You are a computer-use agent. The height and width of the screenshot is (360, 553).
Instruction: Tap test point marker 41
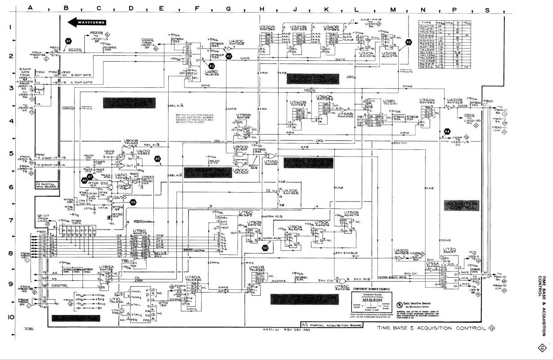(x=68, y=41)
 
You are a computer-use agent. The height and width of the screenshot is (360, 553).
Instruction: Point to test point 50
(x=265, y=247)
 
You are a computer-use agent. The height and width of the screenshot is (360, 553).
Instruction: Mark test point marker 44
(x=447, y=131)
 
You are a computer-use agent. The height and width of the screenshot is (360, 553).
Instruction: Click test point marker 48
(x=157, y=158)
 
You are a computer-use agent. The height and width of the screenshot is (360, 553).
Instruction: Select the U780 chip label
(x=138, y=231)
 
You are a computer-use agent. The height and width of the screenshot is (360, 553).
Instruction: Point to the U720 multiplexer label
(x=450, y=249)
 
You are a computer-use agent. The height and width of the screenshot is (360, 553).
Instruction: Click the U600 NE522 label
(x=144, y=151)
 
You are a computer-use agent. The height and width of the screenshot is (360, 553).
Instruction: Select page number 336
(x=29, y=329)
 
